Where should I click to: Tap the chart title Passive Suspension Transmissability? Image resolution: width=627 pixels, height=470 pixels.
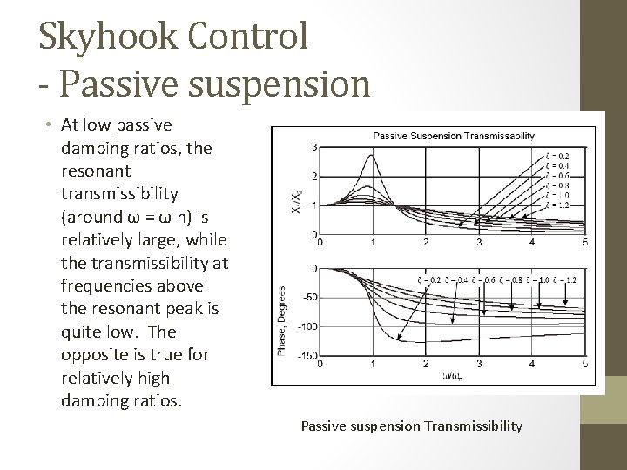tap(454, 135)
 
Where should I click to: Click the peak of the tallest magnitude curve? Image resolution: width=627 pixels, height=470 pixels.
tap(373, 156)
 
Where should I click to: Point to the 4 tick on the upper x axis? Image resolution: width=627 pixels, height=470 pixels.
tap(531, 241)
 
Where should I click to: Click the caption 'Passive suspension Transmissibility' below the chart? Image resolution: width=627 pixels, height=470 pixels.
tap(411, 426)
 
